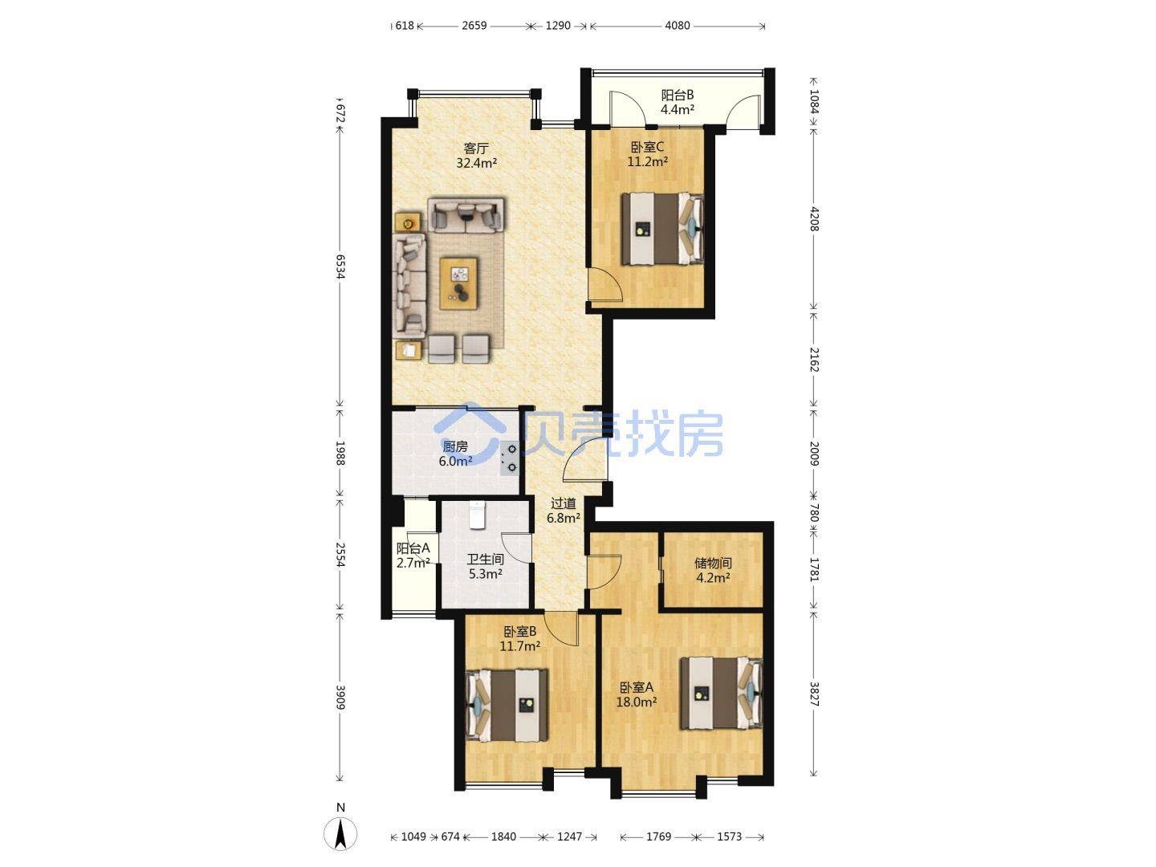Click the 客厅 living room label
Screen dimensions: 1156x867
tap(475, 148)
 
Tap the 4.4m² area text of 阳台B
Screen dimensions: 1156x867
tap(677, 110)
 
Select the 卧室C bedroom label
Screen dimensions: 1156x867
tap(647, 147)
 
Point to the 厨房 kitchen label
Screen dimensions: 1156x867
tap(455, 447)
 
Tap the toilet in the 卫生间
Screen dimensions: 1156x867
tap(476, 515)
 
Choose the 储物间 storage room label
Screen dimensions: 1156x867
tap(713, 564)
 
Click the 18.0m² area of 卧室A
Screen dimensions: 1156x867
tap(636, 702)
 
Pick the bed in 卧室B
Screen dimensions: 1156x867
tap(507, 704)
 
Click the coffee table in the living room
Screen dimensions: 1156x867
tap(459, 283)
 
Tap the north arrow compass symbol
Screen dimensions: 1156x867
tap(340, 834)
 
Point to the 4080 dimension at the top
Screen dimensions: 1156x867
tap(678, 25)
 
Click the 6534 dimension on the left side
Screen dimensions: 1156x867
tap(340, 267)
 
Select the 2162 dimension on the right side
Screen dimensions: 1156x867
tap(814, 360)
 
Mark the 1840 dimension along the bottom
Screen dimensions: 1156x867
tap(503, 836)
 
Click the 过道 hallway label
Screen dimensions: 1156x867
tap(564, 504)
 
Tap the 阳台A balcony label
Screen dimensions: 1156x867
tap(413, 548)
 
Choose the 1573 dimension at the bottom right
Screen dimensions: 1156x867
tap(729, 836)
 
